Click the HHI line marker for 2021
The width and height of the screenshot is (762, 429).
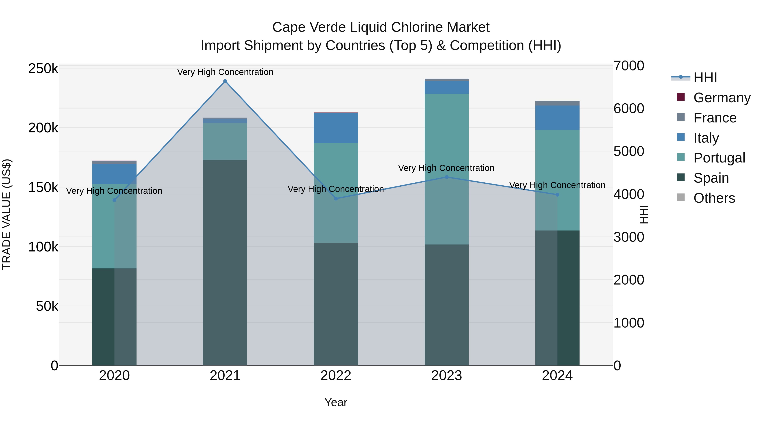[225, 81]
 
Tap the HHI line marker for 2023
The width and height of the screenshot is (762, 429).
[447, 177]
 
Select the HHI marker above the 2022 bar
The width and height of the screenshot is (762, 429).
[336, 198]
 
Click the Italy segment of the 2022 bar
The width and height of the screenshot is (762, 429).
[336, 128]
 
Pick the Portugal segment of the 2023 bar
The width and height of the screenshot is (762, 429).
[447, 169]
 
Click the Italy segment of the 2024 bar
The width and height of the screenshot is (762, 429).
[557, 118]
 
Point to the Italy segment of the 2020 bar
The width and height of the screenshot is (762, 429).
[115, 174]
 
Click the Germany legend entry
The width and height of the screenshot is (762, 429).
[722, 98]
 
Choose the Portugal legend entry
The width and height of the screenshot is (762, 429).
[719, 158]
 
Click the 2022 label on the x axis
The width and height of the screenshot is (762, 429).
[336, 376]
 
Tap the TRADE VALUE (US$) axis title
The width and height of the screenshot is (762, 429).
[7, 214]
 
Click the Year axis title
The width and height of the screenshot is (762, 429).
[336, 402]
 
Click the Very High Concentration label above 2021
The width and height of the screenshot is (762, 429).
[225, 72]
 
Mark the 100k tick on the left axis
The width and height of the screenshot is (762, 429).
[43, 247]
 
